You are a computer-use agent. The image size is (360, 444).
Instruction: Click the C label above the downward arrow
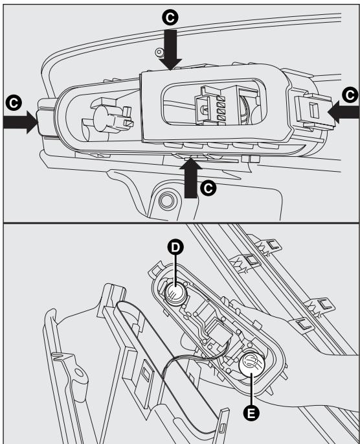click(x=170, y=18)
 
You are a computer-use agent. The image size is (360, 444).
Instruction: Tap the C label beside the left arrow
click(x=14, y=103)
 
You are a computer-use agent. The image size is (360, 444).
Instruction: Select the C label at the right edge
click(x=350, y=95)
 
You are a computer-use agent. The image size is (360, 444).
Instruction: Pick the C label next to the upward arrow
click(x=208, y=188)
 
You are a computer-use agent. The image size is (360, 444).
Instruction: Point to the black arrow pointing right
click(x=20, y=122)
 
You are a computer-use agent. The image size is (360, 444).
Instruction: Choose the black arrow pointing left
click(x=344, y=112)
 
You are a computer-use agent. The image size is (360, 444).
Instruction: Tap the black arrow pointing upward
click(x=190, y=178)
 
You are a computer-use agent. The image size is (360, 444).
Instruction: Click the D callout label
click(x=175, y=247)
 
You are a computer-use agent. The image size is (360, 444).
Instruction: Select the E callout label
click(x=251, y=414)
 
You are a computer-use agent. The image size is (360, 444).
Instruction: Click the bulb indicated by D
click(x=175, y=294)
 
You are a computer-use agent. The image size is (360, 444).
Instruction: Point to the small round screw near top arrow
click(x=159, y=52)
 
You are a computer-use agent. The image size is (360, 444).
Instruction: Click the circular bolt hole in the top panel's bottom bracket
click(x=166, y=200)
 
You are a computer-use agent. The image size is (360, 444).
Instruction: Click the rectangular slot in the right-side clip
click(x=313, y=110)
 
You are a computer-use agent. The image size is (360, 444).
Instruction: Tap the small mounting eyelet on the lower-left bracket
click(x=78, y=372)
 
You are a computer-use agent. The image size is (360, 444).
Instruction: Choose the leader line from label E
click(x=251, y=389)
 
